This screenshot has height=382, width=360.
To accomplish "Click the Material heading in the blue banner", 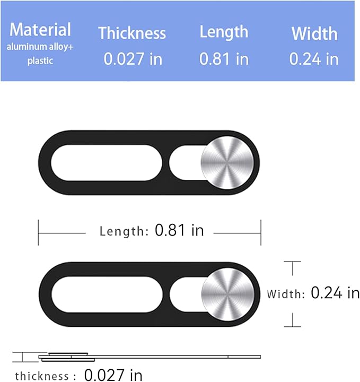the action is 40,30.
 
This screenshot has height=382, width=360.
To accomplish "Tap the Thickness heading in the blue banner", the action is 132,33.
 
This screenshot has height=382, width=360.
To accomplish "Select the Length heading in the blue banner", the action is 224,33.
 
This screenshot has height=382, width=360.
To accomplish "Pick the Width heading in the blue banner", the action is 314,33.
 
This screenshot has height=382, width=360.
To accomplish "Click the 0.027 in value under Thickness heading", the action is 133,59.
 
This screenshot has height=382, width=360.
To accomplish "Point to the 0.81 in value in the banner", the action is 224,59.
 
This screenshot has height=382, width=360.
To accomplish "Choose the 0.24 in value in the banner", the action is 314,59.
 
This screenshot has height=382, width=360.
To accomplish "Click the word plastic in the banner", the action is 40,60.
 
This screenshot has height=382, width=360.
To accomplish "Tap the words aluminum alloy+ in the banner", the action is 40,47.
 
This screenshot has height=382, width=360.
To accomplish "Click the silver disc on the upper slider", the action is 227,163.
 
